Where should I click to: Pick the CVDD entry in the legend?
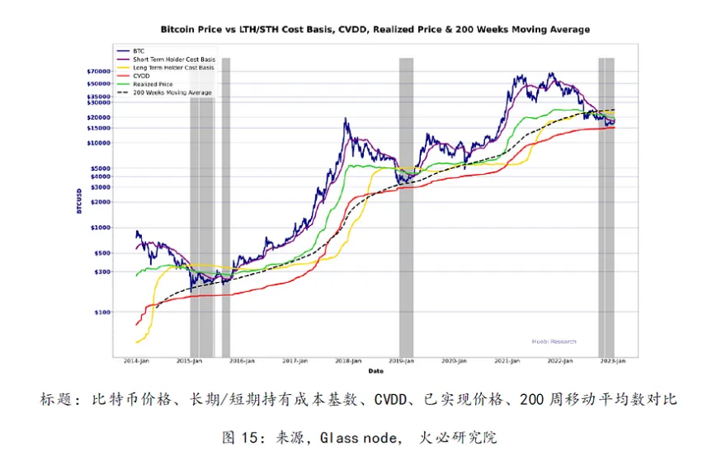[x=141, y=75]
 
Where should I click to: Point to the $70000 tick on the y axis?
[x=98, y=72]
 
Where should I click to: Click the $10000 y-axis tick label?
[x=98, y=143]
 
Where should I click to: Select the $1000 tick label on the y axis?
[x=100, y=228]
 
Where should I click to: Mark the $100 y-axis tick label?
[x=101, y=313]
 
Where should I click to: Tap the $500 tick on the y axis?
[x=101, y=253]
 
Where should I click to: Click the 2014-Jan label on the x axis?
[x=136, y=362]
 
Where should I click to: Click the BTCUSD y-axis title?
[x=79, y=200]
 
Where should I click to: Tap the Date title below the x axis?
[x=375, y=370]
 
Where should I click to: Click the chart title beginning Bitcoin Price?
[x=375, y=30]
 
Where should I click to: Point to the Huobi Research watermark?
[x=553, y=341]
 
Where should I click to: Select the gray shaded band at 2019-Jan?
[x=406, y=206]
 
